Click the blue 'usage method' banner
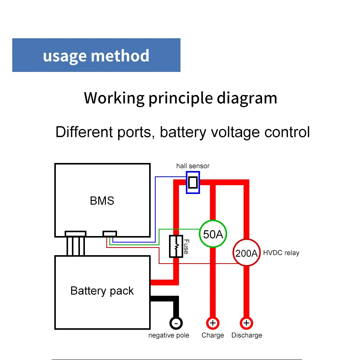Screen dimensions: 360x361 point(96,55)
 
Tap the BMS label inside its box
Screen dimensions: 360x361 point(102,200)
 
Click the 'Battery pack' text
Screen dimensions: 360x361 point(102,291)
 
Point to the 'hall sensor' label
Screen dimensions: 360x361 point(193,166)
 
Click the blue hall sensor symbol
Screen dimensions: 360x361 point(193,182)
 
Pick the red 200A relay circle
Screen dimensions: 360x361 point(247,252)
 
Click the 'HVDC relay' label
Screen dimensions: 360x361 point(281,253)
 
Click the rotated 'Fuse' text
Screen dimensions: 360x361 point(186,247)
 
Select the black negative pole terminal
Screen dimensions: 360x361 point(176,323)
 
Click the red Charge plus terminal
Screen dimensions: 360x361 point(213,323)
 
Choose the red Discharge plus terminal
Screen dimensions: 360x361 point(247,323)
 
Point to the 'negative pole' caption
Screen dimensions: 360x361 point(169,336)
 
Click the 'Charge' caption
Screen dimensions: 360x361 point(213,336)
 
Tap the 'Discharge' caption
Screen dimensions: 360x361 point(247,336)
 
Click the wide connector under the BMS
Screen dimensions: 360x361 point(75,233)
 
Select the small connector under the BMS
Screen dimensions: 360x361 point(110,233)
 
